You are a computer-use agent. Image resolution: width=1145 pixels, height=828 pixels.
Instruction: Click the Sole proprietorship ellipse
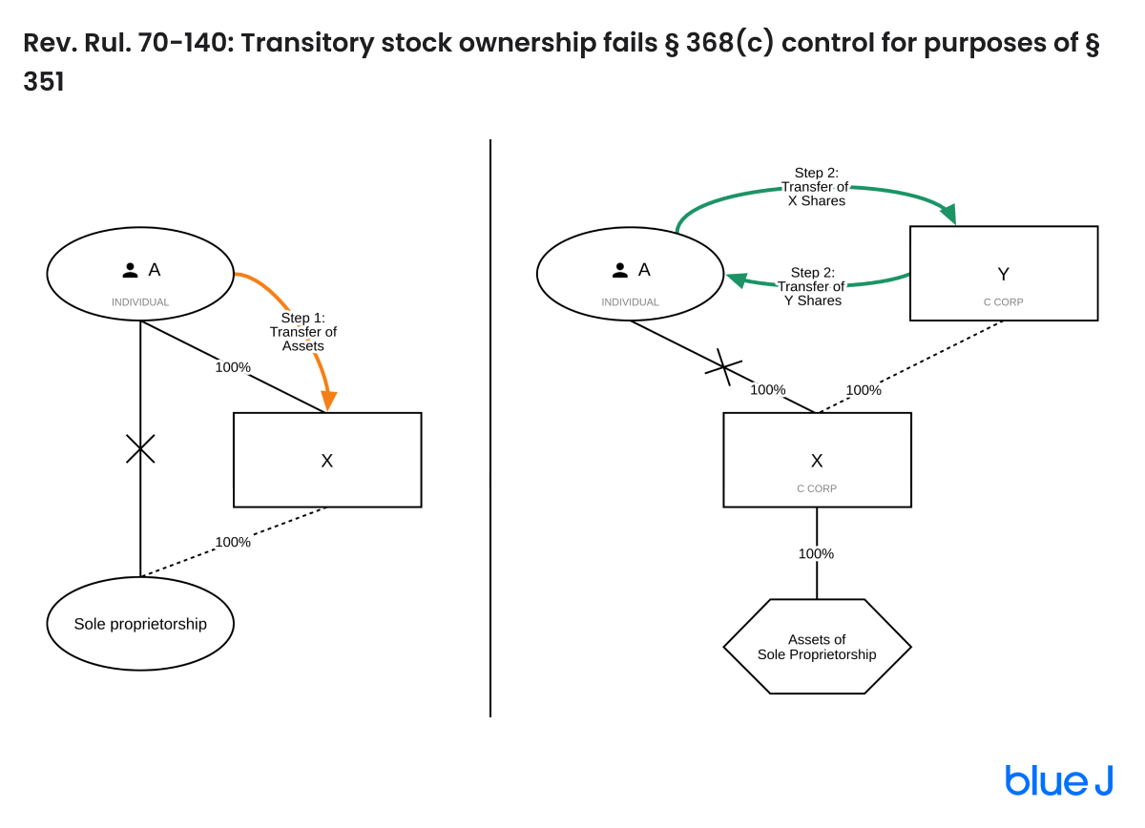click(140, 624)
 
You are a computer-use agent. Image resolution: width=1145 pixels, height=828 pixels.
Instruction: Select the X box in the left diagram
click(327, 460)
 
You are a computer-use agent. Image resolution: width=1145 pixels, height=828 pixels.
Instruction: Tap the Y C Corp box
click(1004, 274)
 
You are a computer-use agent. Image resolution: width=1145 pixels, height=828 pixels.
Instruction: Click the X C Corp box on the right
click(817, 460)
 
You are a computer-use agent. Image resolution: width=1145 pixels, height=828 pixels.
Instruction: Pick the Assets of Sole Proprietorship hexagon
click(817, 647)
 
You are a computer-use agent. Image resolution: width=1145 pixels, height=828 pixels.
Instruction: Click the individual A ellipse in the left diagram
click(140, 274)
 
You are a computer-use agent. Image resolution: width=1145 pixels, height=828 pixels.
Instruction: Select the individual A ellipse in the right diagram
click(630, 274)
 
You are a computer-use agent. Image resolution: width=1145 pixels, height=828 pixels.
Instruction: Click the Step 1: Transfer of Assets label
click(303, 332)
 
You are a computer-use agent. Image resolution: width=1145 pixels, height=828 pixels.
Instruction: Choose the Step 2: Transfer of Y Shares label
click(811, 287)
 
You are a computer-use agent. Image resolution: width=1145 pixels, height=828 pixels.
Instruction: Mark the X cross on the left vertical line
click(140, 448)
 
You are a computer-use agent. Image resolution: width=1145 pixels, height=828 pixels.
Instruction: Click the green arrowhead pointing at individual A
click(737, 280)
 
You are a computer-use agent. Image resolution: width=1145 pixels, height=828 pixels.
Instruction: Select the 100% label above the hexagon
click(816, 553)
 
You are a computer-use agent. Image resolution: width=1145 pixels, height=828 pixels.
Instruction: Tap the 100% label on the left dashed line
click(233, 542)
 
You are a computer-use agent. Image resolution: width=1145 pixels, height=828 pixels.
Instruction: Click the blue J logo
click(1058, 780)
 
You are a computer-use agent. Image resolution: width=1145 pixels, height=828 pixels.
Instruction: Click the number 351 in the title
click(44, 82)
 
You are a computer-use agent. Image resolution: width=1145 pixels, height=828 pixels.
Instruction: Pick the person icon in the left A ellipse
click(131, 271)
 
